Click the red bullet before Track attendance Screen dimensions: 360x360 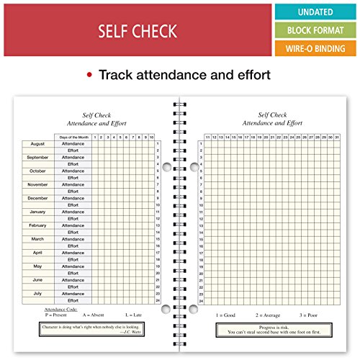pyautogui.click(x=89, y=75)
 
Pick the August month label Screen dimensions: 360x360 pyautogui.click(x=38, y=143)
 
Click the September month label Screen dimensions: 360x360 pyautogui.click(x=38, y=157)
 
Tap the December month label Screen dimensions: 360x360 pyautogui.click(x=38, y=198)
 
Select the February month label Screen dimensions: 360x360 pyautogui.click(x=38, y=225)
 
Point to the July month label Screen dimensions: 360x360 pyautogui.click(x=38, y=293)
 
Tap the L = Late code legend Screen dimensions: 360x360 pyautogui.click(x=132, y=315)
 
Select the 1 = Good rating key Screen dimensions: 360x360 pyautogui.click(x=225, y=315)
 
